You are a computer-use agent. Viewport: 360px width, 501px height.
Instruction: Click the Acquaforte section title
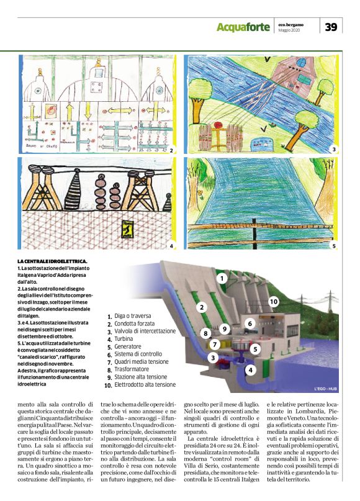(243, 27)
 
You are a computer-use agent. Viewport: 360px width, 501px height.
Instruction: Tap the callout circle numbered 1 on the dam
(221, 279)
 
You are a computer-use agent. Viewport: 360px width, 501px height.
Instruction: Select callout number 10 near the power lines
(273, 301)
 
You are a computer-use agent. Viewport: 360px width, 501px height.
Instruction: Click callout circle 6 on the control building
(250, 323)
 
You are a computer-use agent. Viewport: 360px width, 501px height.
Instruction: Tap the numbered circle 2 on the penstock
(201, 307)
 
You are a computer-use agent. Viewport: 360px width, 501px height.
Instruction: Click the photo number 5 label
(333, 246)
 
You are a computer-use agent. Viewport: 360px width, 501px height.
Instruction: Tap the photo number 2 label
(172, 150)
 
